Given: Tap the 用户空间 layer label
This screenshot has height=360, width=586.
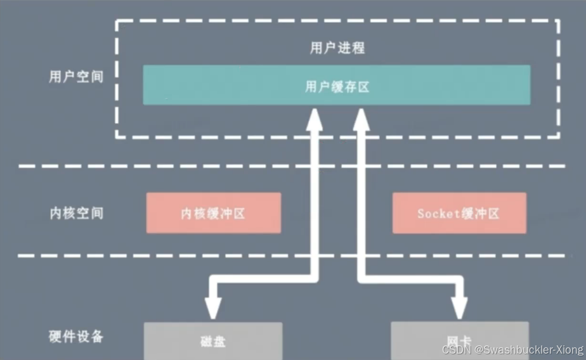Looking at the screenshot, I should [75, 77].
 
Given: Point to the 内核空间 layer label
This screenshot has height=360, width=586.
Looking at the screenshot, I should [75, 213].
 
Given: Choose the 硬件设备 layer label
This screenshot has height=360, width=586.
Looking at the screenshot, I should [75, 336].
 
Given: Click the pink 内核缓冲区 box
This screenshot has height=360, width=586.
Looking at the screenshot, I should [213, 214].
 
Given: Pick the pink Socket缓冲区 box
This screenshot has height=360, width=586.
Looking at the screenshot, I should [459, 214].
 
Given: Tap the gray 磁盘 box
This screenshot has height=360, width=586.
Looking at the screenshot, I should [213, 341].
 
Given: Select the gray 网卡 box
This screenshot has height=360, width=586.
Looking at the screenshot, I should [459, 341].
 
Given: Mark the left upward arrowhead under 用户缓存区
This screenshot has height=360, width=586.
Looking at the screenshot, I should [314, 119].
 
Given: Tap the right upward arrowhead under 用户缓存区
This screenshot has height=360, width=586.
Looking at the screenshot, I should [362, 119].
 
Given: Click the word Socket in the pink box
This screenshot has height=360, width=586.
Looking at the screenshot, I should [438, 214].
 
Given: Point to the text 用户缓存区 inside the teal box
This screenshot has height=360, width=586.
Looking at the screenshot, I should [337, 87].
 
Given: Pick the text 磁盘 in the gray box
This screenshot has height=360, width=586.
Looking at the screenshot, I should [213, 342].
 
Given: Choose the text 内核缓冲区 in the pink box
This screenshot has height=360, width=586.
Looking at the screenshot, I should [213, 214].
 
